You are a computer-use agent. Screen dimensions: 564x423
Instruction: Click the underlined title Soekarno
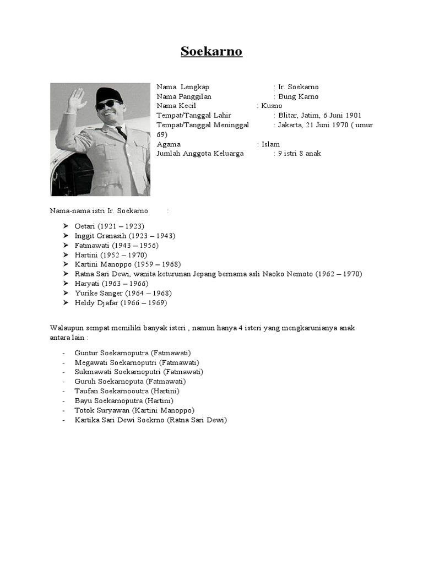211,52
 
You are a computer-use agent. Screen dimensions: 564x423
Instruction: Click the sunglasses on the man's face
109,104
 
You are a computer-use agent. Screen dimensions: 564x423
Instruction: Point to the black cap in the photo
110,94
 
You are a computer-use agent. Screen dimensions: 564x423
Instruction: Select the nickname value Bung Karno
298,96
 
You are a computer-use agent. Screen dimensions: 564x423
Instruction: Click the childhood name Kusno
272,106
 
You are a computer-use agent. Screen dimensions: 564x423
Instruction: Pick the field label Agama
169,144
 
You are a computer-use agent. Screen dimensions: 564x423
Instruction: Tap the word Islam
270,144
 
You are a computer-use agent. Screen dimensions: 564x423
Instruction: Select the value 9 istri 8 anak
300,154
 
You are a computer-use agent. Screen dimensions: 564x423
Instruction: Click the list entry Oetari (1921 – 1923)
109,226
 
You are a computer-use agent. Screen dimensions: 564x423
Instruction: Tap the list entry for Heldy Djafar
120,302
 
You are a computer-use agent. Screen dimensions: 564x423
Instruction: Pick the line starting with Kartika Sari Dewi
150,420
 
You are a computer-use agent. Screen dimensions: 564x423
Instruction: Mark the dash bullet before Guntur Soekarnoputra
64,353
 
